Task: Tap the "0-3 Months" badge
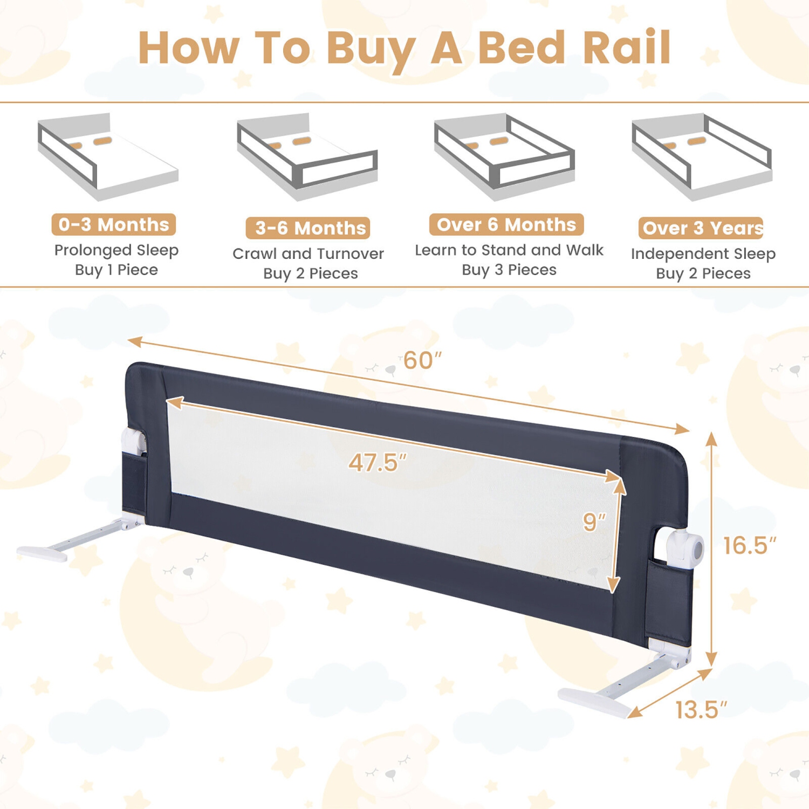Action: (114, 224)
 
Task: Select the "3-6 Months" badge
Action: (308, 228)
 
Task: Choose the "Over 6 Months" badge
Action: (506, 224)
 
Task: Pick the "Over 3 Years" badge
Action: (701, 228)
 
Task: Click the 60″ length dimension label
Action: (422, 361)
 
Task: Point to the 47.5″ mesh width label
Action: (377, 463)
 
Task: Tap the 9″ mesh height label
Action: (594, 522)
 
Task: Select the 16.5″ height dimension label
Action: (749, 546)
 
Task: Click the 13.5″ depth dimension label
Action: (701, 710)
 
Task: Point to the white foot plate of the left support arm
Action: (42, 553)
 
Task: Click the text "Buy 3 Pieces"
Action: (509, 270)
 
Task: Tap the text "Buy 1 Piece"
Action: (116, 270)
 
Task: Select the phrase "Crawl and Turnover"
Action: (308, 253)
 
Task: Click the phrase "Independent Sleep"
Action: (703, 253)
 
